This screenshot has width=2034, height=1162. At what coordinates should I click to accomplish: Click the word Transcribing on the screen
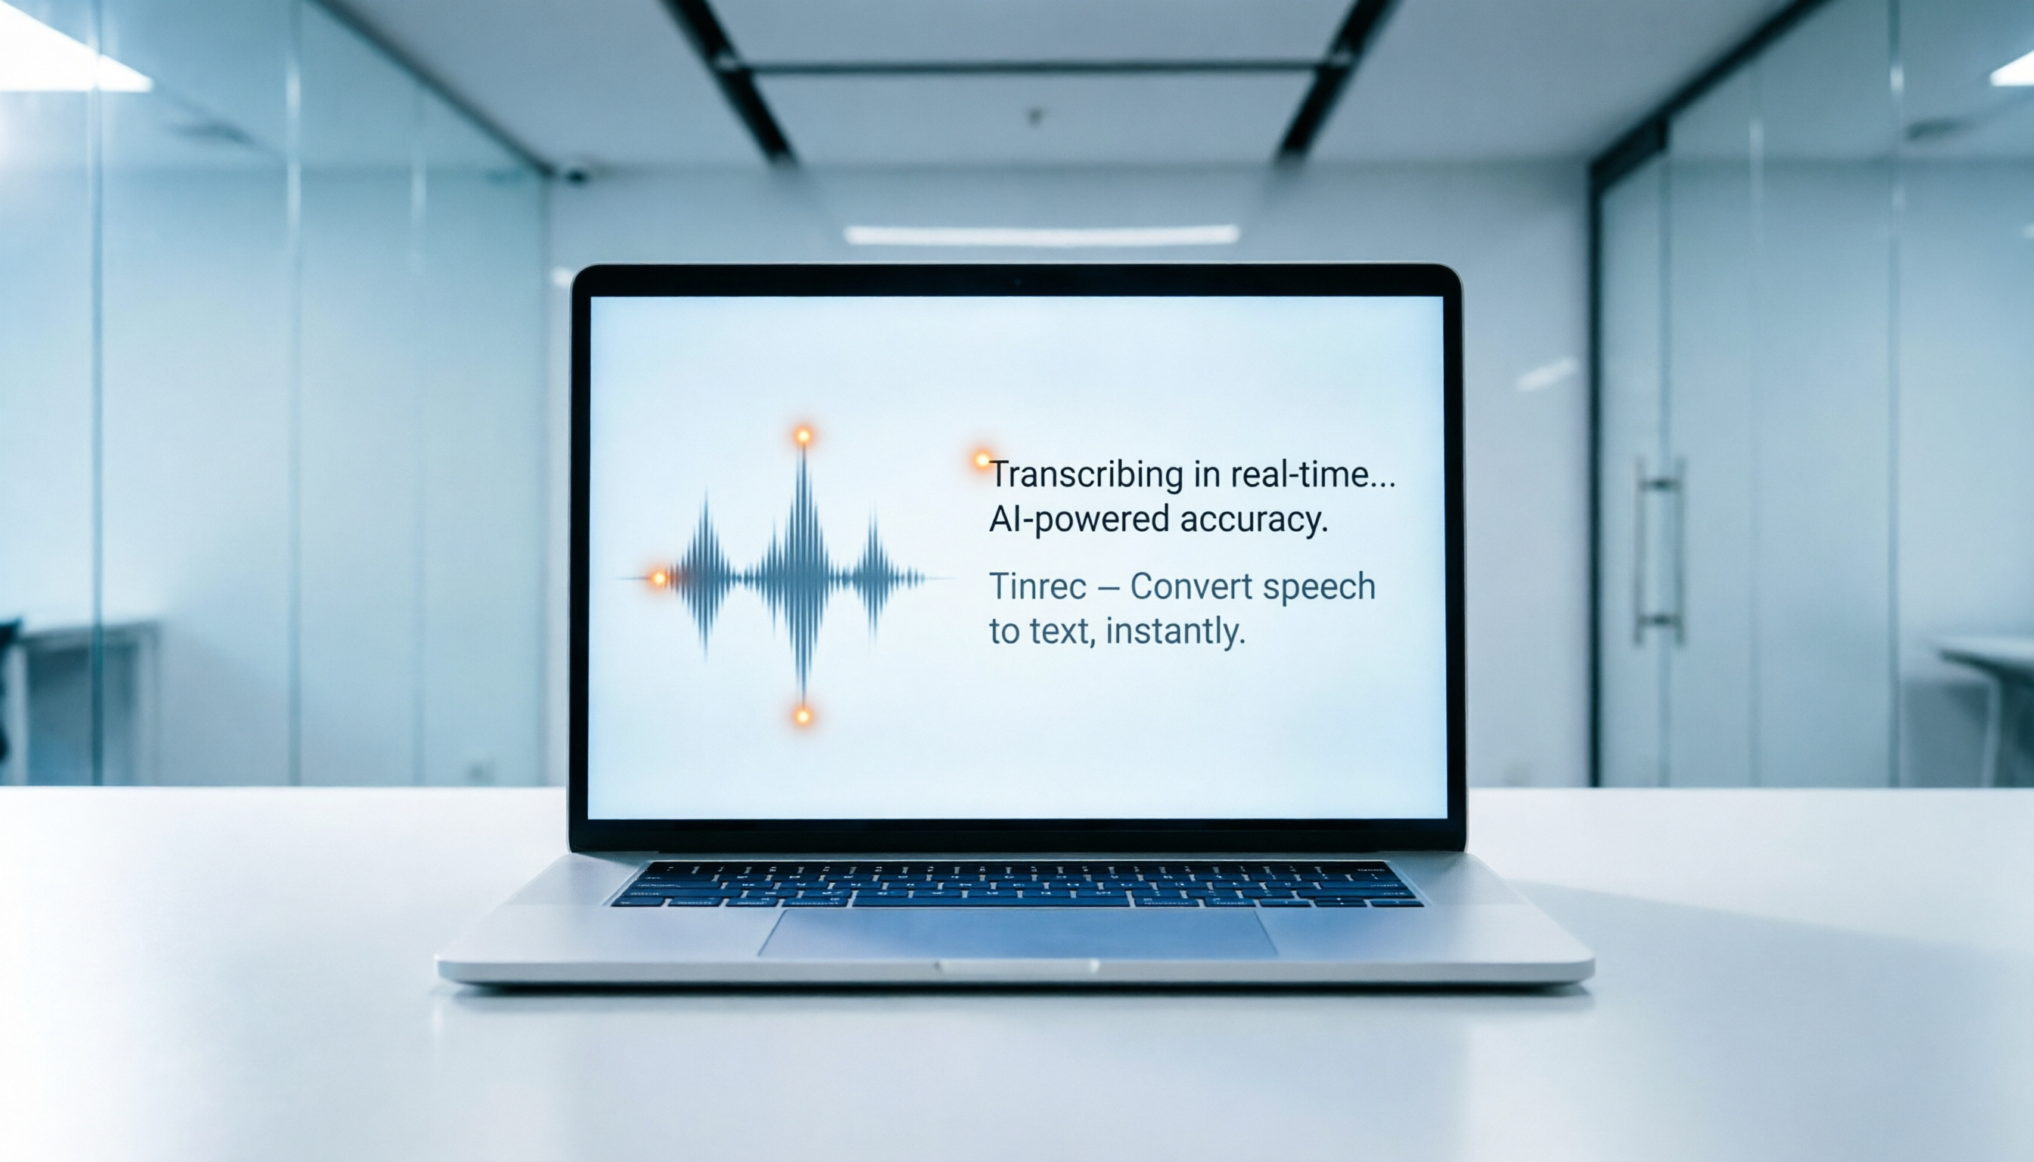click(1086, 476)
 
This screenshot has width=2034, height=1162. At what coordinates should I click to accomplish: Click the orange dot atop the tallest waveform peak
click(803, 435)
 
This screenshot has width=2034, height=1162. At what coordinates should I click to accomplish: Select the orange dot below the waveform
click(803, 715)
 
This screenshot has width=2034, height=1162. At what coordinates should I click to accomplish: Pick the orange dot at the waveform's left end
click(658, 578)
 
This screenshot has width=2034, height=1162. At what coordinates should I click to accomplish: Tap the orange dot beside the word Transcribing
click(982, 460)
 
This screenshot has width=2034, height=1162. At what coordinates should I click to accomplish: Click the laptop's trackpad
click(1017, 932)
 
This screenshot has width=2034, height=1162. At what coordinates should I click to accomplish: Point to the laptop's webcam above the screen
click(1017, 281)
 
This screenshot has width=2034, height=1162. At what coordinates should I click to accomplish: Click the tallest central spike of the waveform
click(803, 575)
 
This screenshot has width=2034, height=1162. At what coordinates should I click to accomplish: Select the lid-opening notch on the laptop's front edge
click(1017, 967)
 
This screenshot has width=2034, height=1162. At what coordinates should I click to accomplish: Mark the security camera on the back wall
click(576, 175)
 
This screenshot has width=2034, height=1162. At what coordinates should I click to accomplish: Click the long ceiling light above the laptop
click(1042, 235)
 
